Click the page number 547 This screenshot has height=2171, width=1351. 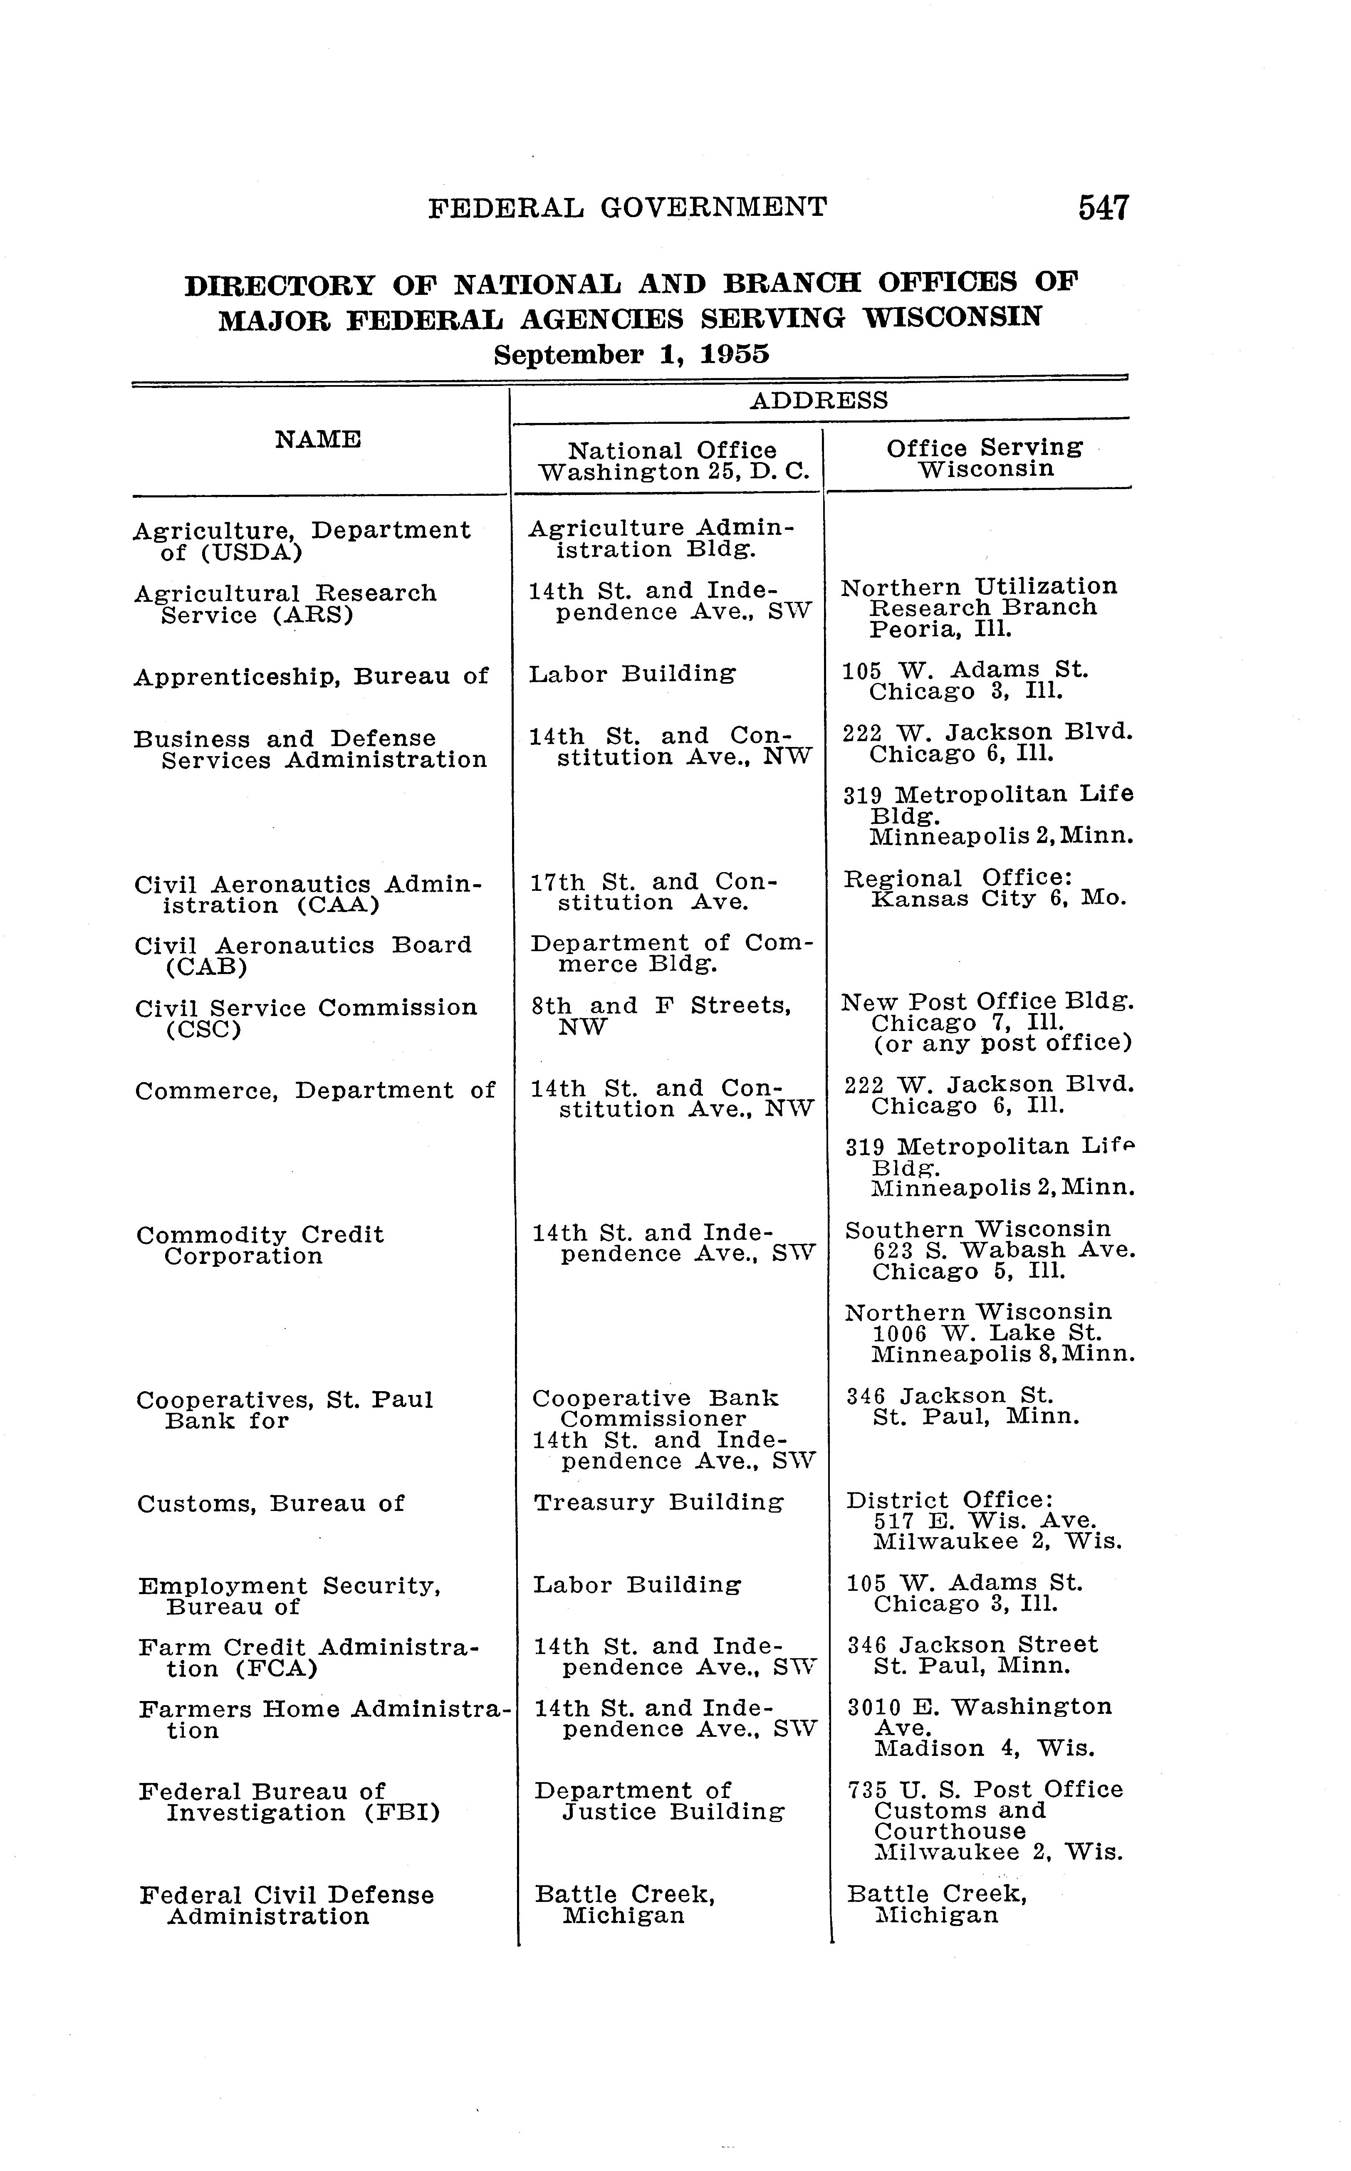(1104, 208)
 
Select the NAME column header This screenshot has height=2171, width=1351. (318, 440)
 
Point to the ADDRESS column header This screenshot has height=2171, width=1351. (819, 400)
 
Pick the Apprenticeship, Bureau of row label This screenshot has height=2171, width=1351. (311, 676)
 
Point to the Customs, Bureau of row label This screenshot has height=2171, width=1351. (271, 1503)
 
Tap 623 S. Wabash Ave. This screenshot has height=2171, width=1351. (1005, 1251)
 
